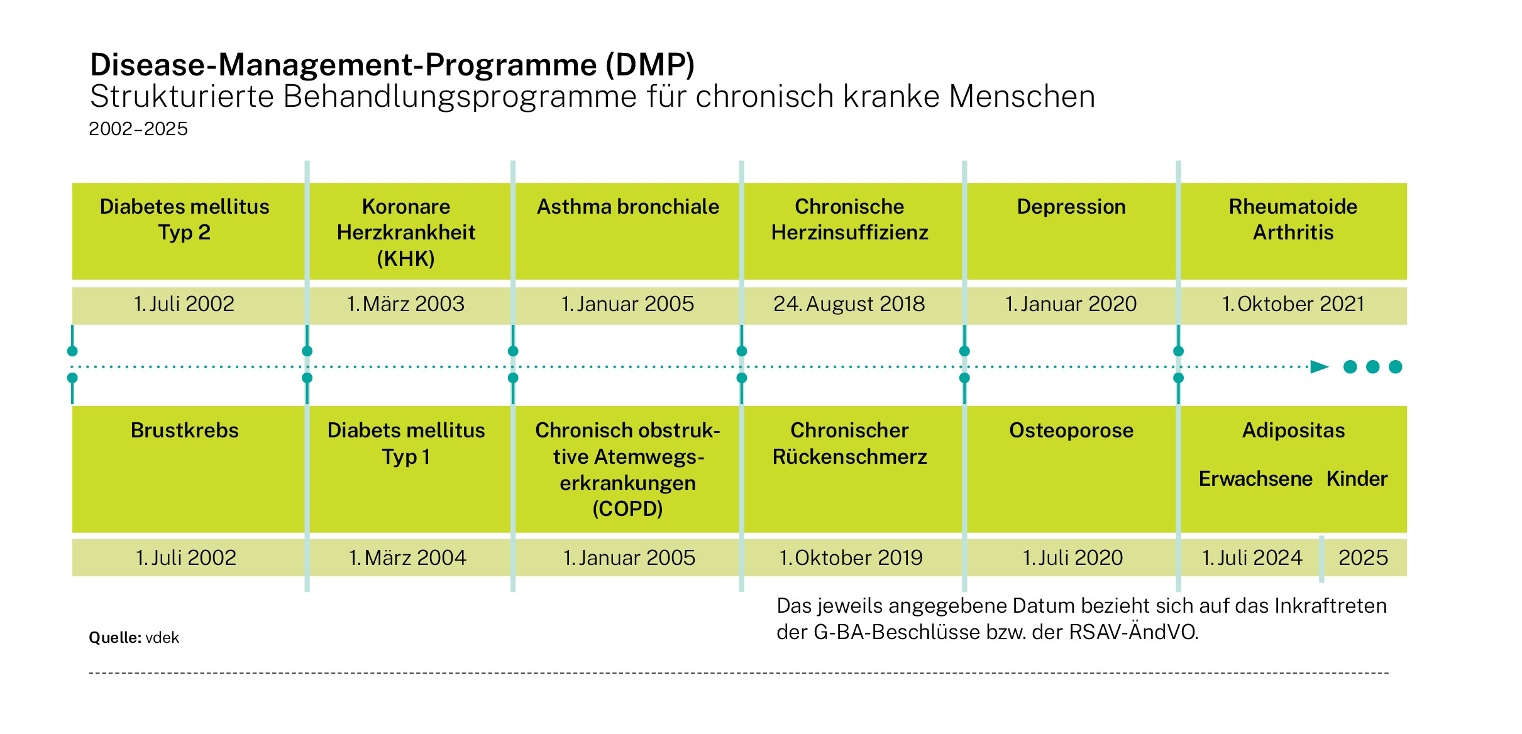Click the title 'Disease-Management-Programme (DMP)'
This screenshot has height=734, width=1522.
[x=392, y=64]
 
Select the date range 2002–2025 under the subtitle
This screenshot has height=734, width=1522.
[x=138, y=129]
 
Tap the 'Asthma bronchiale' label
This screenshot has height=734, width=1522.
[x=627, y=207]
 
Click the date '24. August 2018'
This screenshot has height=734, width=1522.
[x=849, y=304]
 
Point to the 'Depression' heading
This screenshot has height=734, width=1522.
[x=1071, y=207]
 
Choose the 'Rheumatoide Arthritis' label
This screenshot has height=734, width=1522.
[x=1293, y=219]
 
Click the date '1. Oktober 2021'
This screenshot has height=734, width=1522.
[x=1293, y=304]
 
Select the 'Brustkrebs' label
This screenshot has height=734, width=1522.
[x=185, y=430]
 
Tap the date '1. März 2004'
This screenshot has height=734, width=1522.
[x=407, y=558]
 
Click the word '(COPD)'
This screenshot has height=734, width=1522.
[x=627, y=508]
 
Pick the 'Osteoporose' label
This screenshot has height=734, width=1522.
[x=1071, y=430]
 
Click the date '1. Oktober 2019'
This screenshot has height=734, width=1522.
[x=851, y=558]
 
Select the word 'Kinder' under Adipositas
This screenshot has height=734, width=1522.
[x=1357, y=479]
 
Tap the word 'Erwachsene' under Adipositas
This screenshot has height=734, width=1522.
[x=1255, y=479]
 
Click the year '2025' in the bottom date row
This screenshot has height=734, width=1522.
[x=1363, y=558]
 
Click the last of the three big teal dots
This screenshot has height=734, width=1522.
[x=1395, y=367]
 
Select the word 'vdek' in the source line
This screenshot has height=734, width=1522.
[x=162, y=638]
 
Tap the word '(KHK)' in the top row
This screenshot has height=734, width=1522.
[x=406, y=259]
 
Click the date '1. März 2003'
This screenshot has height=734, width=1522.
[x=405, y=304]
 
